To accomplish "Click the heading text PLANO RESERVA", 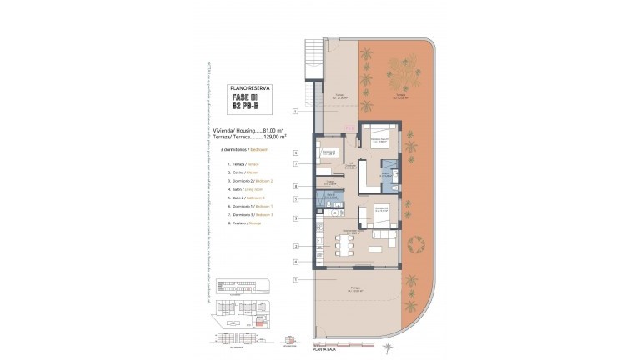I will click(x=249, y=87).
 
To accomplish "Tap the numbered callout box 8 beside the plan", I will click(x=296, y=185).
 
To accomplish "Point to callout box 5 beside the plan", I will click(x=296, y=199).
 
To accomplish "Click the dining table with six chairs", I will click(x=345, y=243).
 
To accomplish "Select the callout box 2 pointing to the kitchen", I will click(x=296, y=247).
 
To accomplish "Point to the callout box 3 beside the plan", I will click(x=296, y=218).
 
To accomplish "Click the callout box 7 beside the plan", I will click(x=296, y=163).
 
